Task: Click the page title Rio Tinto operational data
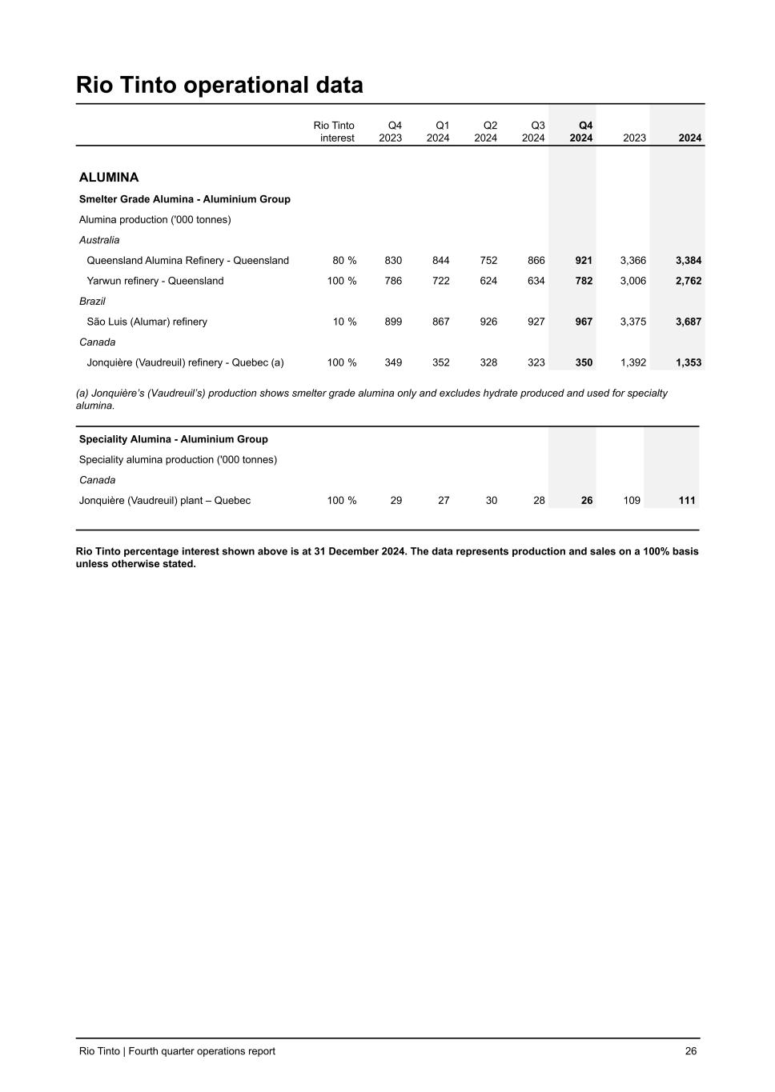click(219, 86)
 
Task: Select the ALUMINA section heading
click(109, 178)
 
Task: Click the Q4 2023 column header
click(391, 132)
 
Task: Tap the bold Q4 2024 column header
click(581, 132)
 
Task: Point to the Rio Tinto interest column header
click(334, 132)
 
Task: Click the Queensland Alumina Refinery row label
click(187, 261)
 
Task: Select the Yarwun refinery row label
click(155, 281)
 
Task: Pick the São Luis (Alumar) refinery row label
click(147, 322)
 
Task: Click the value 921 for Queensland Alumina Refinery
click(584, 261)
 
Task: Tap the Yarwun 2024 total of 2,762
click(689, 281)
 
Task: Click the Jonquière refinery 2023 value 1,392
click(632, 362)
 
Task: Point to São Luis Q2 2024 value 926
click(488, 322)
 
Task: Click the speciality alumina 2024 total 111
click(687, 501)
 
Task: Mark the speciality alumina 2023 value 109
click(632, 501)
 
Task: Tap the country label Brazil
click(92, 302)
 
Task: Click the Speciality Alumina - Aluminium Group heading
click(174, 439)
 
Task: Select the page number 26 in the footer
click(691, 1051)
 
